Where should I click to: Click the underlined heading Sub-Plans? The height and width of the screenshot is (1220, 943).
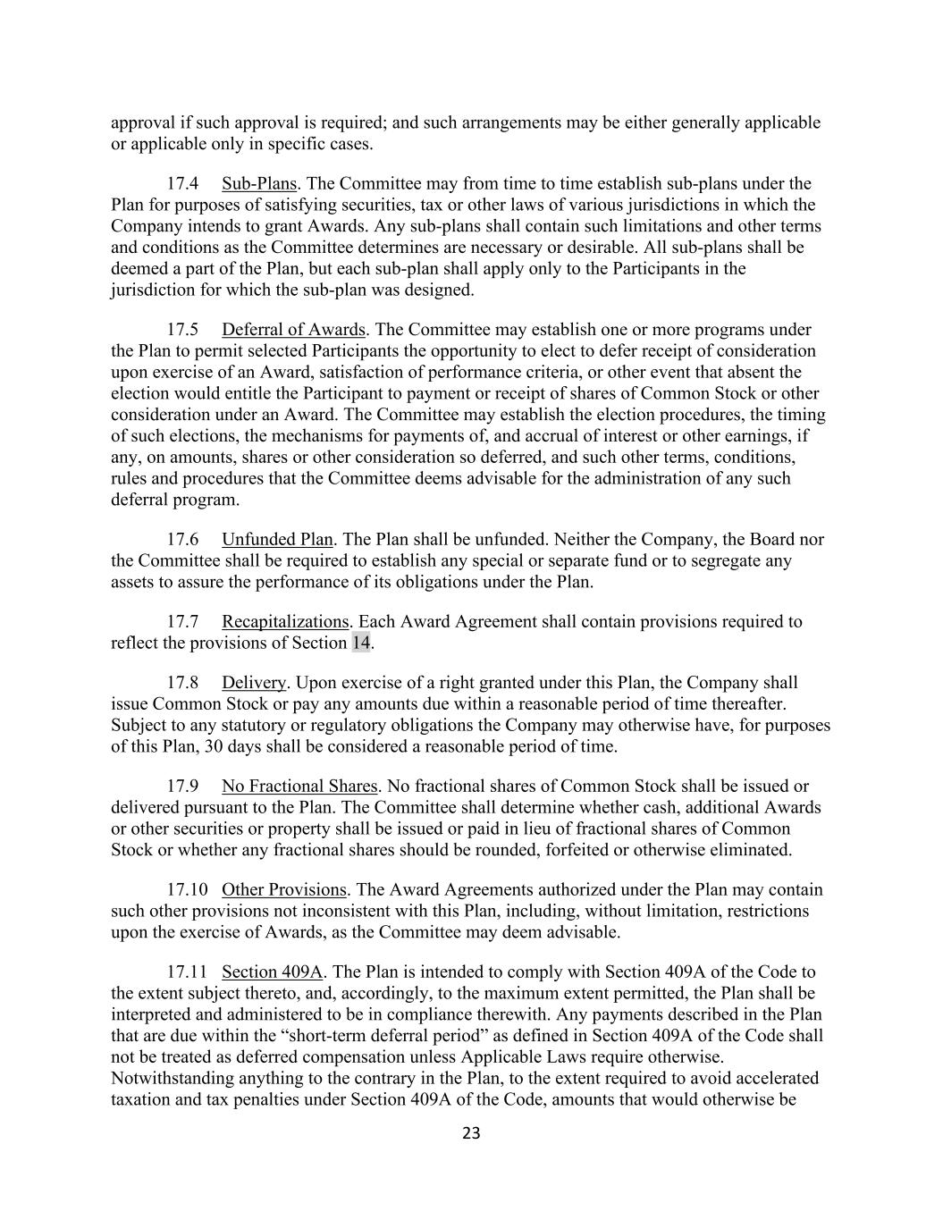point(258,184)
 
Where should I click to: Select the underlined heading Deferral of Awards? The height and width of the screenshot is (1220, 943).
point(293,330)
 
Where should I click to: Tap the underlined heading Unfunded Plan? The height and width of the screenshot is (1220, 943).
point(277,540)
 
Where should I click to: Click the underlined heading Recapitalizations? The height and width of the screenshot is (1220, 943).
point(285,622)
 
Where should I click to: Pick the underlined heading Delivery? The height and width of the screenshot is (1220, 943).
point(254,684)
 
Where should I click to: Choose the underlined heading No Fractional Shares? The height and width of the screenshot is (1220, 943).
point(299,787)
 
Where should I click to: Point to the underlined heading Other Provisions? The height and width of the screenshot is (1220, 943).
point(283,890)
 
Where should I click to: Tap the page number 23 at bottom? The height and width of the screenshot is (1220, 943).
point(471,1134)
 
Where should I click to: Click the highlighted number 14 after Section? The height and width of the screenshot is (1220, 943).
point(360,644)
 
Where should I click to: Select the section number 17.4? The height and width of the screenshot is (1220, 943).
point(182,184)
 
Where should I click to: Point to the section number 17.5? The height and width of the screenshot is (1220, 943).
point(182,330)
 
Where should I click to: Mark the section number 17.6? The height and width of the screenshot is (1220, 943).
point(182,540)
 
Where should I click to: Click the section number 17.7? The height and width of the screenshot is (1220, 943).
point(182,622)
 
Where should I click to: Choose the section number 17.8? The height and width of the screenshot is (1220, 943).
point(182,684)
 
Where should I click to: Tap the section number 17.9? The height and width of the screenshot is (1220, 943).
point(182,787)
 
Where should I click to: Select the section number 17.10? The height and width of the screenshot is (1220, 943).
point(187,890)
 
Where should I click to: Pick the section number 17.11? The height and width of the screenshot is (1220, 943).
point(187,972)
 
